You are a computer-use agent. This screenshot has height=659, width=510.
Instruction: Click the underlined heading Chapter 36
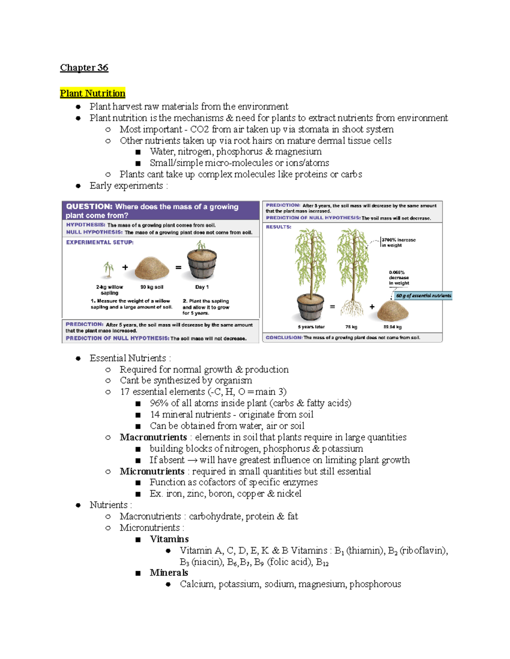tap(84, 68)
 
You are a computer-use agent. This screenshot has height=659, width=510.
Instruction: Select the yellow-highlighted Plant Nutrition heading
tap(93, 93)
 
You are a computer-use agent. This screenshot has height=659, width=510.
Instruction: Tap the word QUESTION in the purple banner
tap(89, 207)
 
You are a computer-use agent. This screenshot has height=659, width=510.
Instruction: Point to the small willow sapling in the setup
tap(109, 269)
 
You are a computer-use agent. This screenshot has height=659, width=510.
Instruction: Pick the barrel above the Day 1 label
tap(202, 264)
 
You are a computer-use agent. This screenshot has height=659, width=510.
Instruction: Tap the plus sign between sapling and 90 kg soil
tap(125, 267)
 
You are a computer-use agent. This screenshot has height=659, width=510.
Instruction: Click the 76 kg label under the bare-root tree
tap(351, 327)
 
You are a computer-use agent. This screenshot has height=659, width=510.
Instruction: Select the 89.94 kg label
tap(392, 327)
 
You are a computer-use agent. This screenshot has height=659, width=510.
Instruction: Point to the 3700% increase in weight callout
tap(398, 242)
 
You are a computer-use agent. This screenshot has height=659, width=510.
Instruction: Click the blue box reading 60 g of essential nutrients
tap(423, 296)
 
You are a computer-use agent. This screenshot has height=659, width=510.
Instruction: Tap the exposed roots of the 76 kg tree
tap(352, 308)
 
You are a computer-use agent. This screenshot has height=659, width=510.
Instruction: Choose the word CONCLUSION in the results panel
tap(284, 338)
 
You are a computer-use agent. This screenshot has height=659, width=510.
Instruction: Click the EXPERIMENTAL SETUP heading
tap(100, 242)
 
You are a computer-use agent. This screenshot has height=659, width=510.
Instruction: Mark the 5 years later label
tap(311, 327)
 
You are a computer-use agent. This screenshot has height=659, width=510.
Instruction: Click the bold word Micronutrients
tap(152, 471)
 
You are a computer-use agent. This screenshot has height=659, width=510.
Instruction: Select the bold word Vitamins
tap(169, 539)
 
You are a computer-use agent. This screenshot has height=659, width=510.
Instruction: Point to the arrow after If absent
tap(192, 460)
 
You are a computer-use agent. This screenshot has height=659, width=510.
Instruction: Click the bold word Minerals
tap(169, 573)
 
